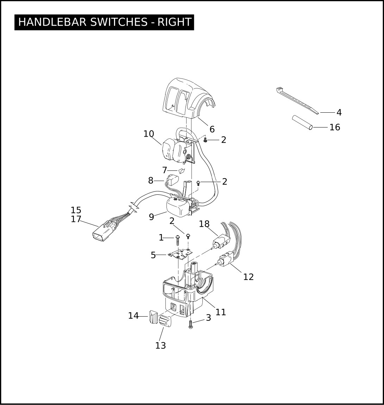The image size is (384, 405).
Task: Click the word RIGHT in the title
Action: (175, 22)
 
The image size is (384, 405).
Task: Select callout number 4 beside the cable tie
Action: (339, 112)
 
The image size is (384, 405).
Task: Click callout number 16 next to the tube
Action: (335, 127)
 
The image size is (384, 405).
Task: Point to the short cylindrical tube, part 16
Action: (302, 123)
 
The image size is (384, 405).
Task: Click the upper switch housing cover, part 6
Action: (188, 99)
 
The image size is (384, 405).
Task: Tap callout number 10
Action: (149, 134)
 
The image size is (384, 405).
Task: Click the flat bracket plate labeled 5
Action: (181, 254)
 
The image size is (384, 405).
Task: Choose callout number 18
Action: (204, 224)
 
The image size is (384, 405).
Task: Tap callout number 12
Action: (248, 277)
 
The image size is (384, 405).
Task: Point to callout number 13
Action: (160, 345)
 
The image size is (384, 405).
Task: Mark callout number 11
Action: (221, 312)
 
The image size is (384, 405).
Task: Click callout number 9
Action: (151, 217)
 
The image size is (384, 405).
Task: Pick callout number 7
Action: (165, 170)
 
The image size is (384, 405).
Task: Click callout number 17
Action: (76, 219)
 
